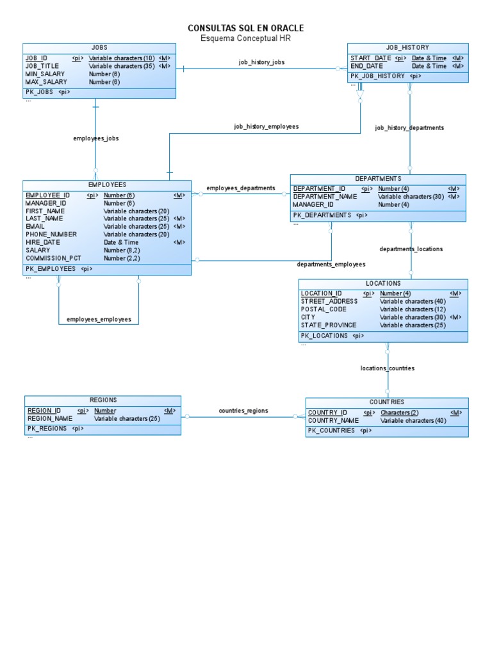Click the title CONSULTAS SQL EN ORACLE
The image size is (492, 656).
pos(245,28)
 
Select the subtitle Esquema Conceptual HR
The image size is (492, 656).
pos(245,38)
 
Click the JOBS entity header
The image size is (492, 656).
pos(99,48)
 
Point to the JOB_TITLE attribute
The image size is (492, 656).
pos(42,66)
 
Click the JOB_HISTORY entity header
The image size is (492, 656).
pos(407,48)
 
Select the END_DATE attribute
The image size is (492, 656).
pos(366,66)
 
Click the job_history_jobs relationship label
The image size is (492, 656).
pos(261,62)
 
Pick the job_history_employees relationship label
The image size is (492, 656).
pos(266,127)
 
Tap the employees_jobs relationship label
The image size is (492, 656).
pos(96,138)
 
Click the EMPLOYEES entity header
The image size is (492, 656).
pos(107,185)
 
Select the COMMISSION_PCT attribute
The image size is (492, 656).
pos(53,258)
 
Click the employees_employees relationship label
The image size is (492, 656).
pos(99,319)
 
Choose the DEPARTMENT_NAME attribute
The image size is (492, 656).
pos(325,197)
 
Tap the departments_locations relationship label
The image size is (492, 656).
pos(411,249)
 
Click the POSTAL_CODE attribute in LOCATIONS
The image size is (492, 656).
pos(324,309)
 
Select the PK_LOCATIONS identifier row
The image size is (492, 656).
pos(324,336)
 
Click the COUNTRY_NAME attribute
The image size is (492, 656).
pos(333,421)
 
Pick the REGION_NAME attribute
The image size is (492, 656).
pos(49,419)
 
